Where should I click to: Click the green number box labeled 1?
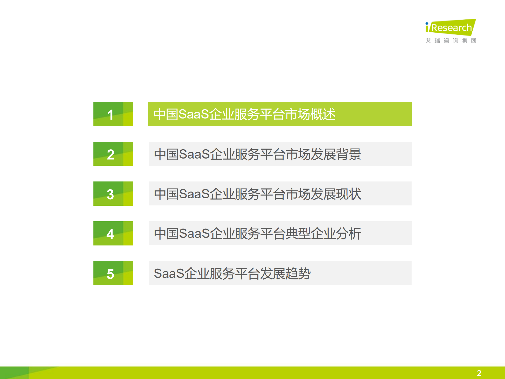pos(113,114)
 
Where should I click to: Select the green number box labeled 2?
pos(113,154)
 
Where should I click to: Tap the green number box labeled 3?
pos(113,194)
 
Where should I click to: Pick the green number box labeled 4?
pos(113,233)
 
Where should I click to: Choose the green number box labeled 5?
pos(113,273)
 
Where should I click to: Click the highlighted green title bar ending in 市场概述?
pos(280,114)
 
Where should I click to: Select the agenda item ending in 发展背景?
pos(280,154)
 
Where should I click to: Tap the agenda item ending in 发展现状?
pos(280,194)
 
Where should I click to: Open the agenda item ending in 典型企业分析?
pos(280,233)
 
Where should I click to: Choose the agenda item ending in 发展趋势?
pos(280,273)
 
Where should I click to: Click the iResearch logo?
pos(451,27)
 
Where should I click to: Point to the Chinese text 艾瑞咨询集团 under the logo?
pos(451,41)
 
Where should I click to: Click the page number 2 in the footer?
pos(479,373)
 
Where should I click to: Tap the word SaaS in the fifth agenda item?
pos(169,273)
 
